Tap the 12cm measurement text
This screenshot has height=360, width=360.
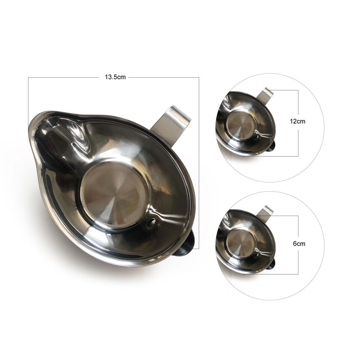[297, 121]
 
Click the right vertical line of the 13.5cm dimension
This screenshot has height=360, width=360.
[199, 162]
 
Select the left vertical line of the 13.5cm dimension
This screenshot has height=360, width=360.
[28, 97]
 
